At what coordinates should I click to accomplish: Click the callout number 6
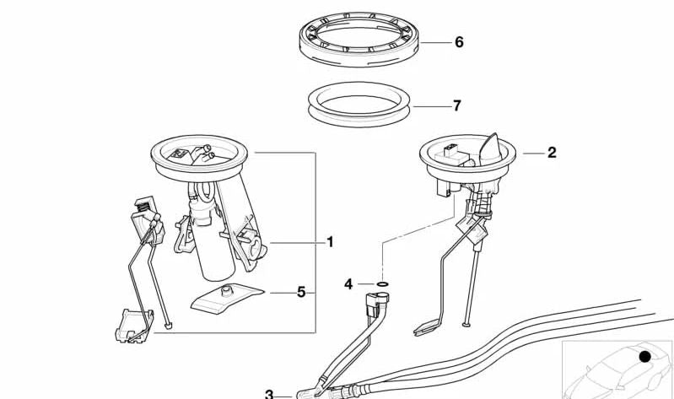[x=459, y=41]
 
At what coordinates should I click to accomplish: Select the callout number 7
[x=456, y=106]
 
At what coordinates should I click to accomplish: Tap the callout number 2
[x=552, y=153]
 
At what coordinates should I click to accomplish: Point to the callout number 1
[x=330, y=242]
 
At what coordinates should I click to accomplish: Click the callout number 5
[x=300, y=293]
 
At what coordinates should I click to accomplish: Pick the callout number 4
[x=348, y=283]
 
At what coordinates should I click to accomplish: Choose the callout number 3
[x=269, y=393]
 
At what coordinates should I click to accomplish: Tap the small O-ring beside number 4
[x=382, y=284]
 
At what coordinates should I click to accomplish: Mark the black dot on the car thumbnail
[x=645, y=357]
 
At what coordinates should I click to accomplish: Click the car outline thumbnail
[x=616, y=369]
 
